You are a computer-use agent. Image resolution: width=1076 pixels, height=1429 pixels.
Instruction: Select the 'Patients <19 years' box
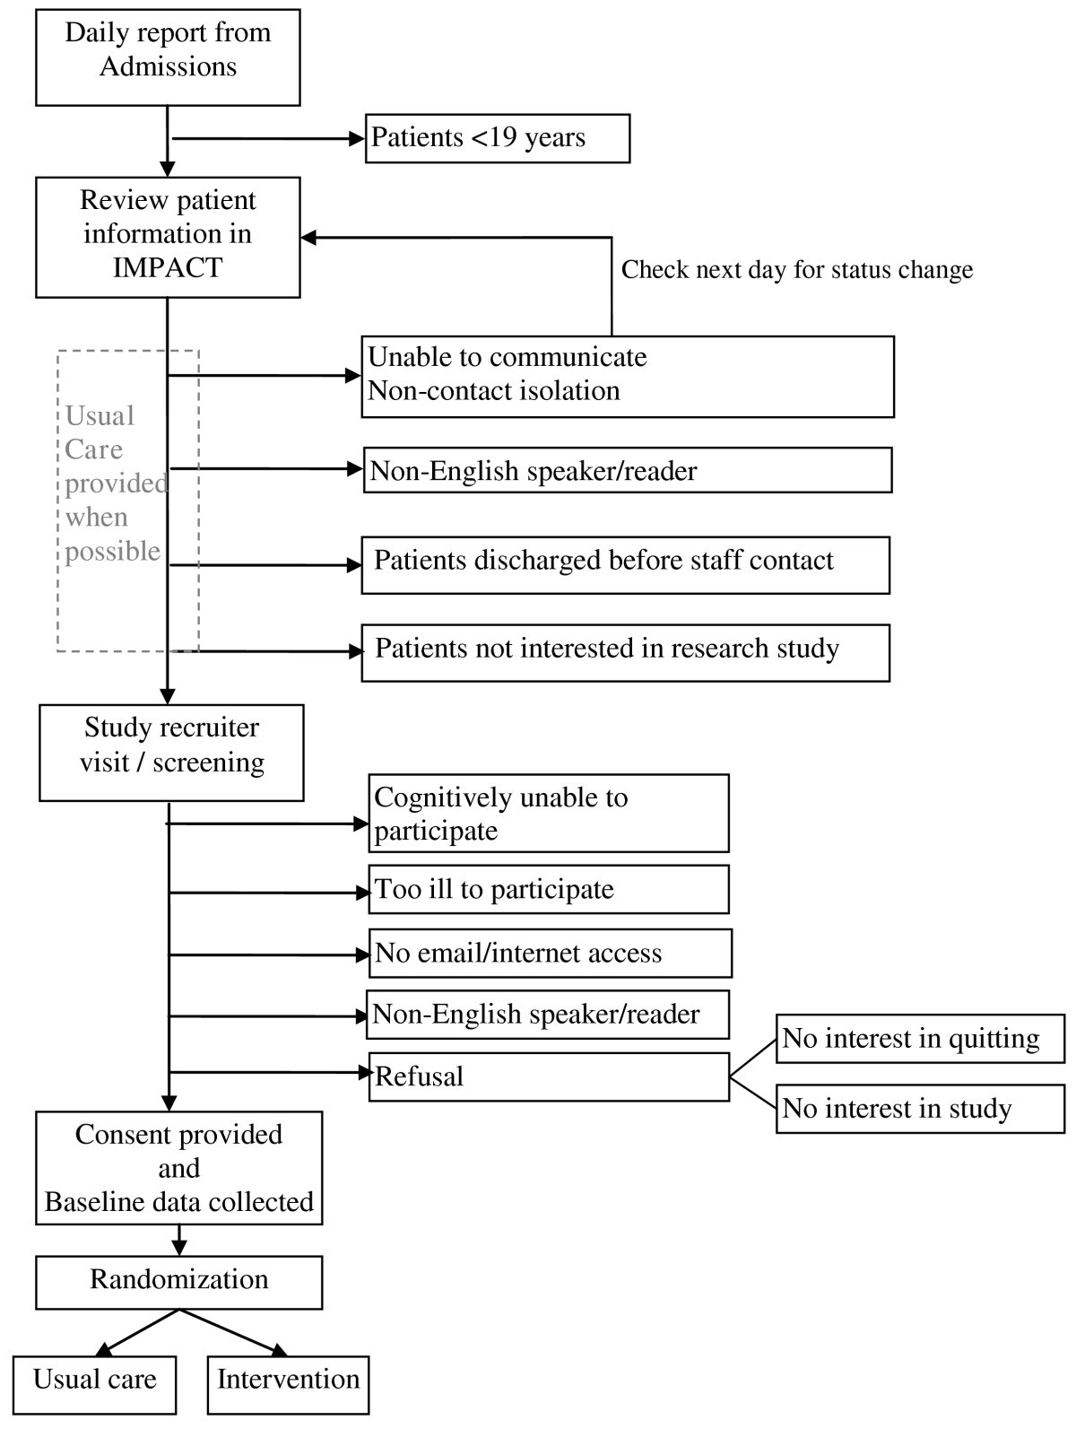498,138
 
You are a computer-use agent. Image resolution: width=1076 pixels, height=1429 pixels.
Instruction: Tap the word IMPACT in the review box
167,268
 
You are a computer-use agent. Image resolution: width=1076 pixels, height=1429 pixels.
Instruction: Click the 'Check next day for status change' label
796,269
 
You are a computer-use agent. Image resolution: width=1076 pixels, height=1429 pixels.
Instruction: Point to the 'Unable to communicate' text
508,357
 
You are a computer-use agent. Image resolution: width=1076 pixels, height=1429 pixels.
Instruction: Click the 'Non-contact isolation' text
494,391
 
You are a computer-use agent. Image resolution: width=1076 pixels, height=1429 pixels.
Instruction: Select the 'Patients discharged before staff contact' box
625,564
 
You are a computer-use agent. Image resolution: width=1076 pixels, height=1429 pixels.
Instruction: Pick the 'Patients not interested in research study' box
625,652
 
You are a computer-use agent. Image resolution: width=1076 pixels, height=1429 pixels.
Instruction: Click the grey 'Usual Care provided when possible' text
116,484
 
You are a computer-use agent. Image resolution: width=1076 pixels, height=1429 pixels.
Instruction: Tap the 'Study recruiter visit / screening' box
171,752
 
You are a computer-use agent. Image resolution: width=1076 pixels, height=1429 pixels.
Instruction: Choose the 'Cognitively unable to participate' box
548,813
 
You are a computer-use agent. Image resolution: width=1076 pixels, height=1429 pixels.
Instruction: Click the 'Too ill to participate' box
548,889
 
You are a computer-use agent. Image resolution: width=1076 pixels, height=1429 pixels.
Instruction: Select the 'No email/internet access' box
550,953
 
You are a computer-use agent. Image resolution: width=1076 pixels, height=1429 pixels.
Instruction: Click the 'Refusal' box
548,1076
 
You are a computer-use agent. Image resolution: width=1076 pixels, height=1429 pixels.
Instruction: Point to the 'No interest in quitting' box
920,1039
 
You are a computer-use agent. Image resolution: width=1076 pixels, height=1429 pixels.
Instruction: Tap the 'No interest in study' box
920,1109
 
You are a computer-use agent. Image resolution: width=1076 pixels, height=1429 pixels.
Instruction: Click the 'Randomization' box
178,1280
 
